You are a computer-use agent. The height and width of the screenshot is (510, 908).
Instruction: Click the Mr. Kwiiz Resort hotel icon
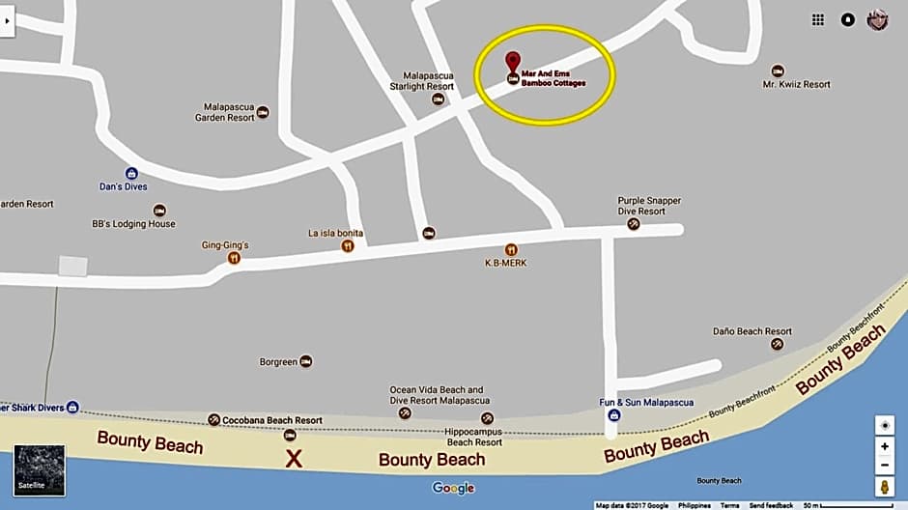(778, 71)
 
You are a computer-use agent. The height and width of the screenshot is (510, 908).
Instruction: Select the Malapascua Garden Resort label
(229, 112)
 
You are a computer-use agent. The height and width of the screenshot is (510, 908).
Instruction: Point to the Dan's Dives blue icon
(131, 173)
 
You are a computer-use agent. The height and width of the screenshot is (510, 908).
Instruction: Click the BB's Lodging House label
(133, 224)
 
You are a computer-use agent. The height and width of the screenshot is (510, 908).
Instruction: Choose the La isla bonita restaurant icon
(348, 245)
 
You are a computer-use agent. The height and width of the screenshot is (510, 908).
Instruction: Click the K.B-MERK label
(505, 263)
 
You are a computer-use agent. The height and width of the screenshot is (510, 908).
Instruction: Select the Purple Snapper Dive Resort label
(649, 206)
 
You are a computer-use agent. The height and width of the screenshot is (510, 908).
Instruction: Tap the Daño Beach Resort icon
(777, 344)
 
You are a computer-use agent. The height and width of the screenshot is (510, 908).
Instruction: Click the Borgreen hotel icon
(306, 361)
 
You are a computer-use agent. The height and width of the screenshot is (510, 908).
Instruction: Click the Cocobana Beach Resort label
(271, 420)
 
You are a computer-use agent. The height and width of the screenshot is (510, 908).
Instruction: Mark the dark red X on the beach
(294, 459)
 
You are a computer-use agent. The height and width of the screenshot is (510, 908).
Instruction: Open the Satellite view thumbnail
(40, 469)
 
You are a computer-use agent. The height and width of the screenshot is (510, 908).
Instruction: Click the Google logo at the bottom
(453, 488)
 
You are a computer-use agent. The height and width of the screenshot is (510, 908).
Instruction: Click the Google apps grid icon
(818, 19)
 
